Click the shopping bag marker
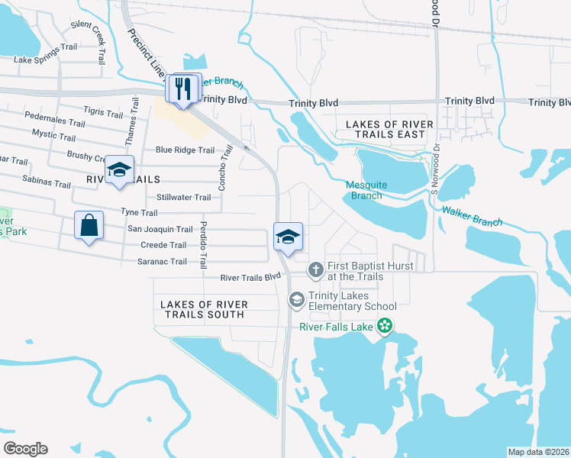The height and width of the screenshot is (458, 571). pos(89,226)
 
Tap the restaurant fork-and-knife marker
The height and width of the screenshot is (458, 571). pos(182,89)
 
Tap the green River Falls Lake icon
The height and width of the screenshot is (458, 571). pos(386,327)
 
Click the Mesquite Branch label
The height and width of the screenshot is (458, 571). pos(366,190)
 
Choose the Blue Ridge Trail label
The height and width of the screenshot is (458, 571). pos(185,150)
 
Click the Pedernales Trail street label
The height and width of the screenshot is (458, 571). pos(55,122)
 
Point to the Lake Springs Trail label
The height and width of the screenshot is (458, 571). pos(46,60)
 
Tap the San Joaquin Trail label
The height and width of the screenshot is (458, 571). pos(160,229)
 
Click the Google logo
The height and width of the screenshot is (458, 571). pos(25,449)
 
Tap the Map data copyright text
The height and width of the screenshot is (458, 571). pos(537,451)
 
